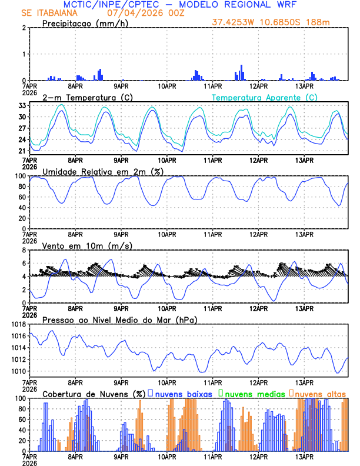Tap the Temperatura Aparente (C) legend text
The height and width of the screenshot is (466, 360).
click(265, 97)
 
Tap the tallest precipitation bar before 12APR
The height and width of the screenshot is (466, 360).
click(241, 72)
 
